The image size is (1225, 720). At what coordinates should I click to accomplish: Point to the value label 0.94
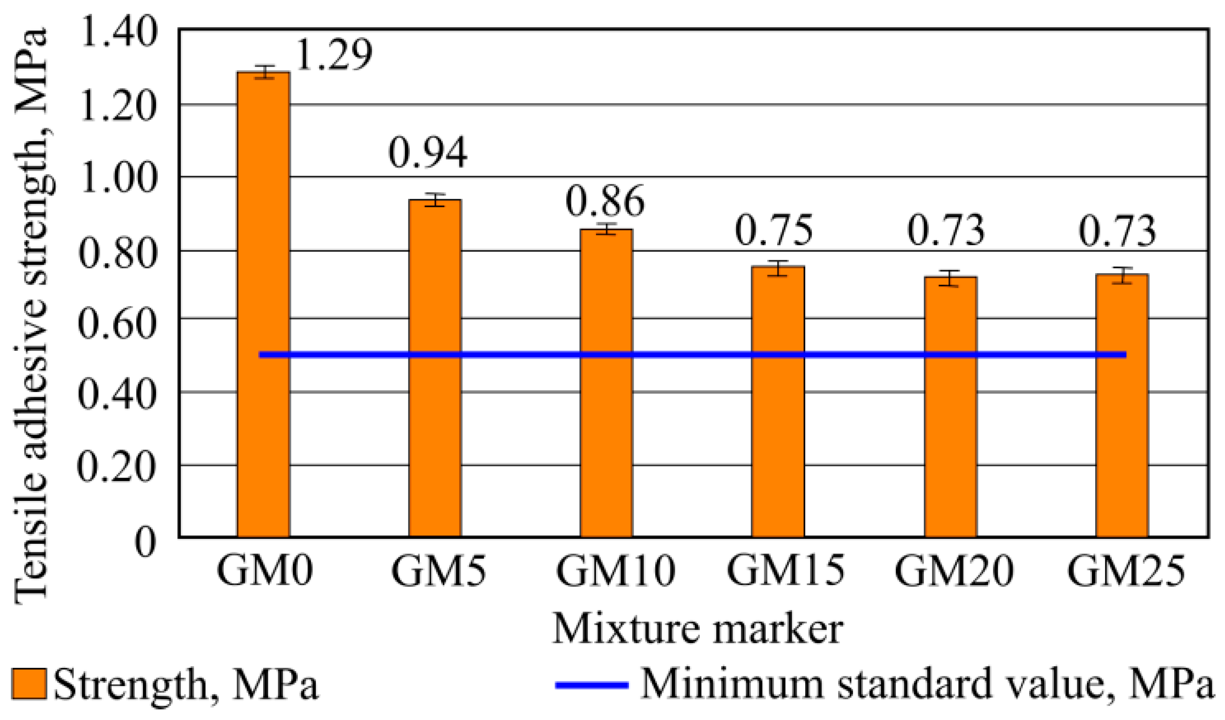428,152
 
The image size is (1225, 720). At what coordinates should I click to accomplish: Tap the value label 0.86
605,201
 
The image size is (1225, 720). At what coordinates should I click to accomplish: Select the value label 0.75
774,230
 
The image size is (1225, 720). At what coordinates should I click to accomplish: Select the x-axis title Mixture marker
697,629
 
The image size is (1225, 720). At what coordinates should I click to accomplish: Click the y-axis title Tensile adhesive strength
32,316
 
